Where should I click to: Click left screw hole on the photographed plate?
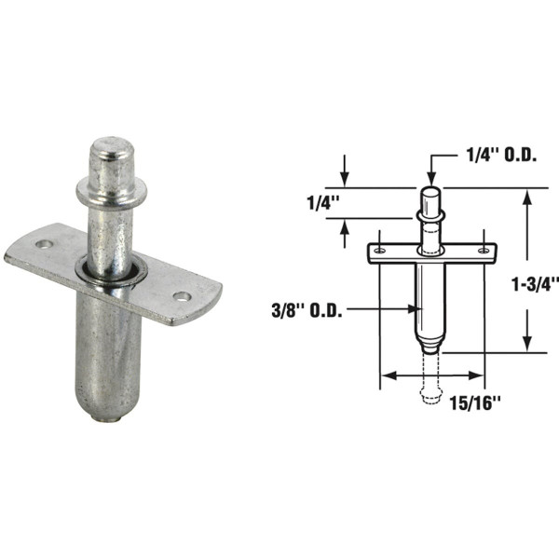coord(44,244)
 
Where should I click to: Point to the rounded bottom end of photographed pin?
coord(111,413)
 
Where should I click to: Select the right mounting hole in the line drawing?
coord(483,250)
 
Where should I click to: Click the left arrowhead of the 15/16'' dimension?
coord(383,376)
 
